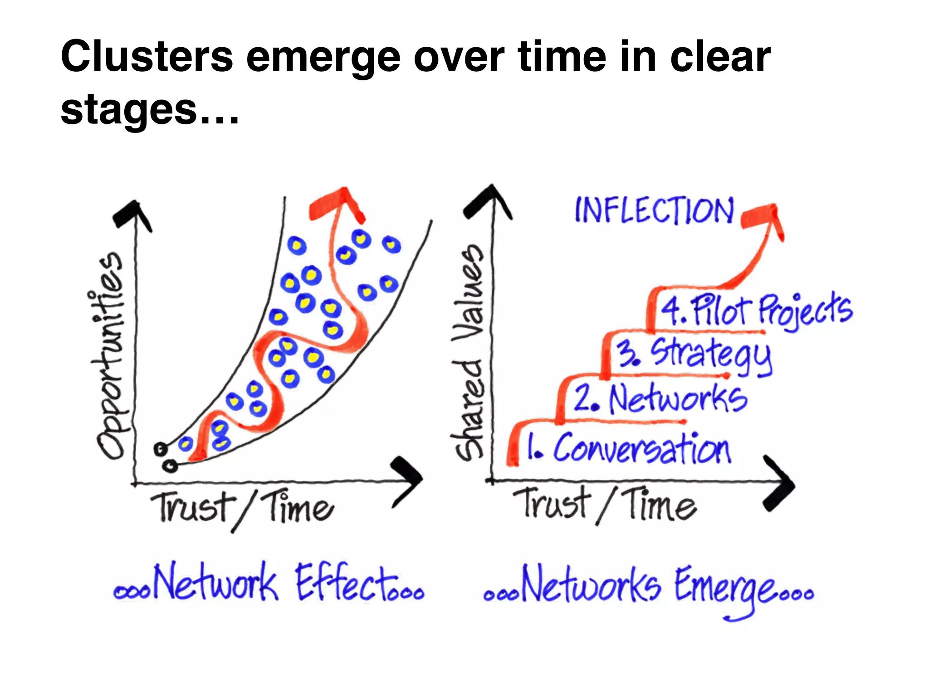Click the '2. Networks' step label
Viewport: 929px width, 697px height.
pyautogui.click(x=660, y=399)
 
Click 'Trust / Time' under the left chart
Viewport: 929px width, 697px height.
pyautogui.click(x=243, y=508)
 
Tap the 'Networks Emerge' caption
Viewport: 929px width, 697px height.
pyautogui.click(x=649, y=588)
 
